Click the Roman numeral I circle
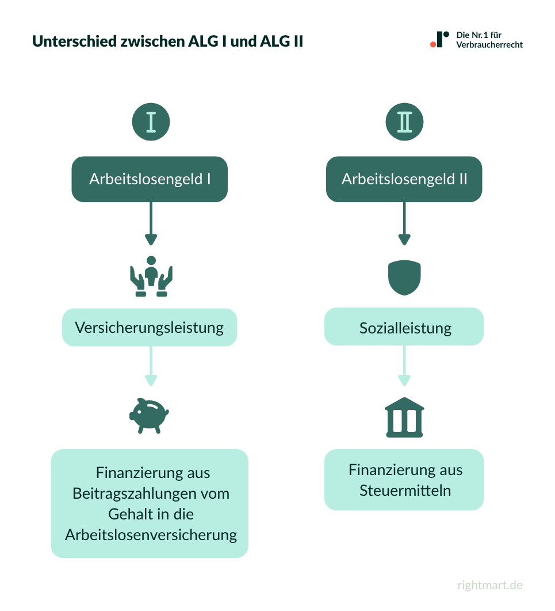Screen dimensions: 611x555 (x=151, y=122)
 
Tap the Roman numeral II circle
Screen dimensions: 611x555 (x=404, y=122)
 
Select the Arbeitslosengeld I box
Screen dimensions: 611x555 (x=150, y=179)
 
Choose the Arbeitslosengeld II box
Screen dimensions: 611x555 (x=404, y=179)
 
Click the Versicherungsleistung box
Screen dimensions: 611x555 (x=150, y=328)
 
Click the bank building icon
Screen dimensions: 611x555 (x=404, y=418)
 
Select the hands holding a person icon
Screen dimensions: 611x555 (x=151, y=277)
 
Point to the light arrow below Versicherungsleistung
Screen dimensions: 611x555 (x=151, y=366)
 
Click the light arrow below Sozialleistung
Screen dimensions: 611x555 (x=404, y=366)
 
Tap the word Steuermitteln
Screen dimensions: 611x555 (x=405, y=491)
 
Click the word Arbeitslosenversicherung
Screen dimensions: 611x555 (x=151, y=534)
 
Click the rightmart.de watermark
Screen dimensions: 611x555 (x=490, y=585)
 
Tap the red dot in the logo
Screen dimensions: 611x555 (x=433, y=44)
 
